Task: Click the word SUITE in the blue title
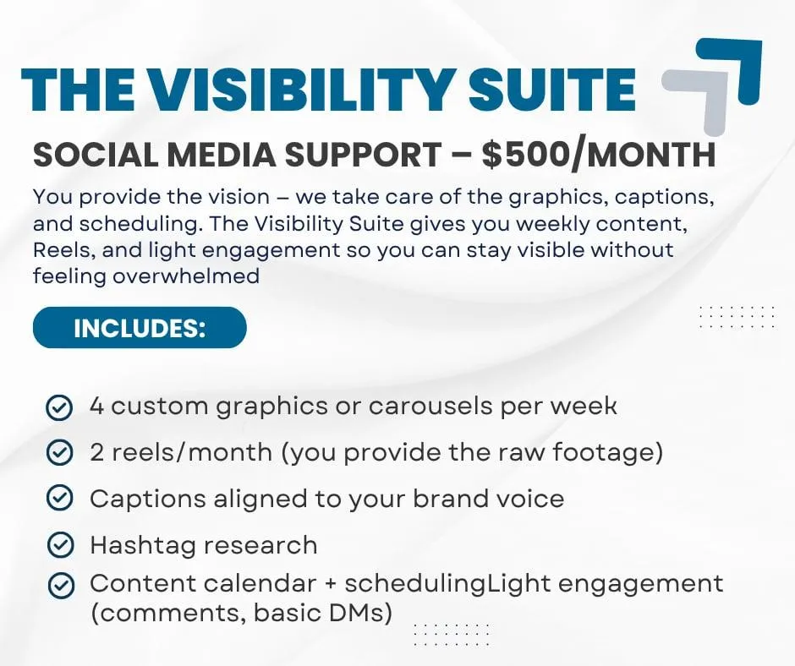pos(552,89)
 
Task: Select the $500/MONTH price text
pos(598,154)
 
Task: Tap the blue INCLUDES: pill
pos(140,327)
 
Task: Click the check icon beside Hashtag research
pos(60,545)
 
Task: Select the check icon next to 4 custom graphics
pos(59,407)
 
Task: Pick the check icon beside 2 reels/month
pos(59,453)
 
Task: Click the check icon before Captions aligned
pos(60,499)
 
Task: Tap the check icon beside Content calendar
pos(61,586)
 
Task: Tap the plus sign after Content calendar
pos(331,584)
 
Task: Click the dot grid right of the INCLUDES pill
pos(737,317)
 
